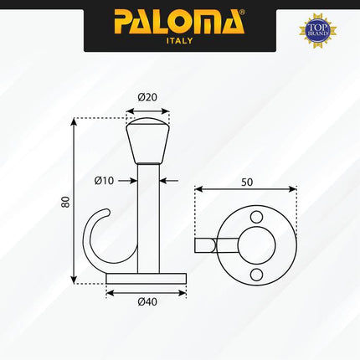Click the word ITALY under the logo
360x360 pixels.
(180, 41)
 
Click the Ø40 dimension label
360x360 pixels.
(147, 303)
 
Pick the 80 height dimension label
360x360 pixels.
(64, 203)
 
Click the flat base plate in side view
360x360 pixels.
(147, 278)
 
